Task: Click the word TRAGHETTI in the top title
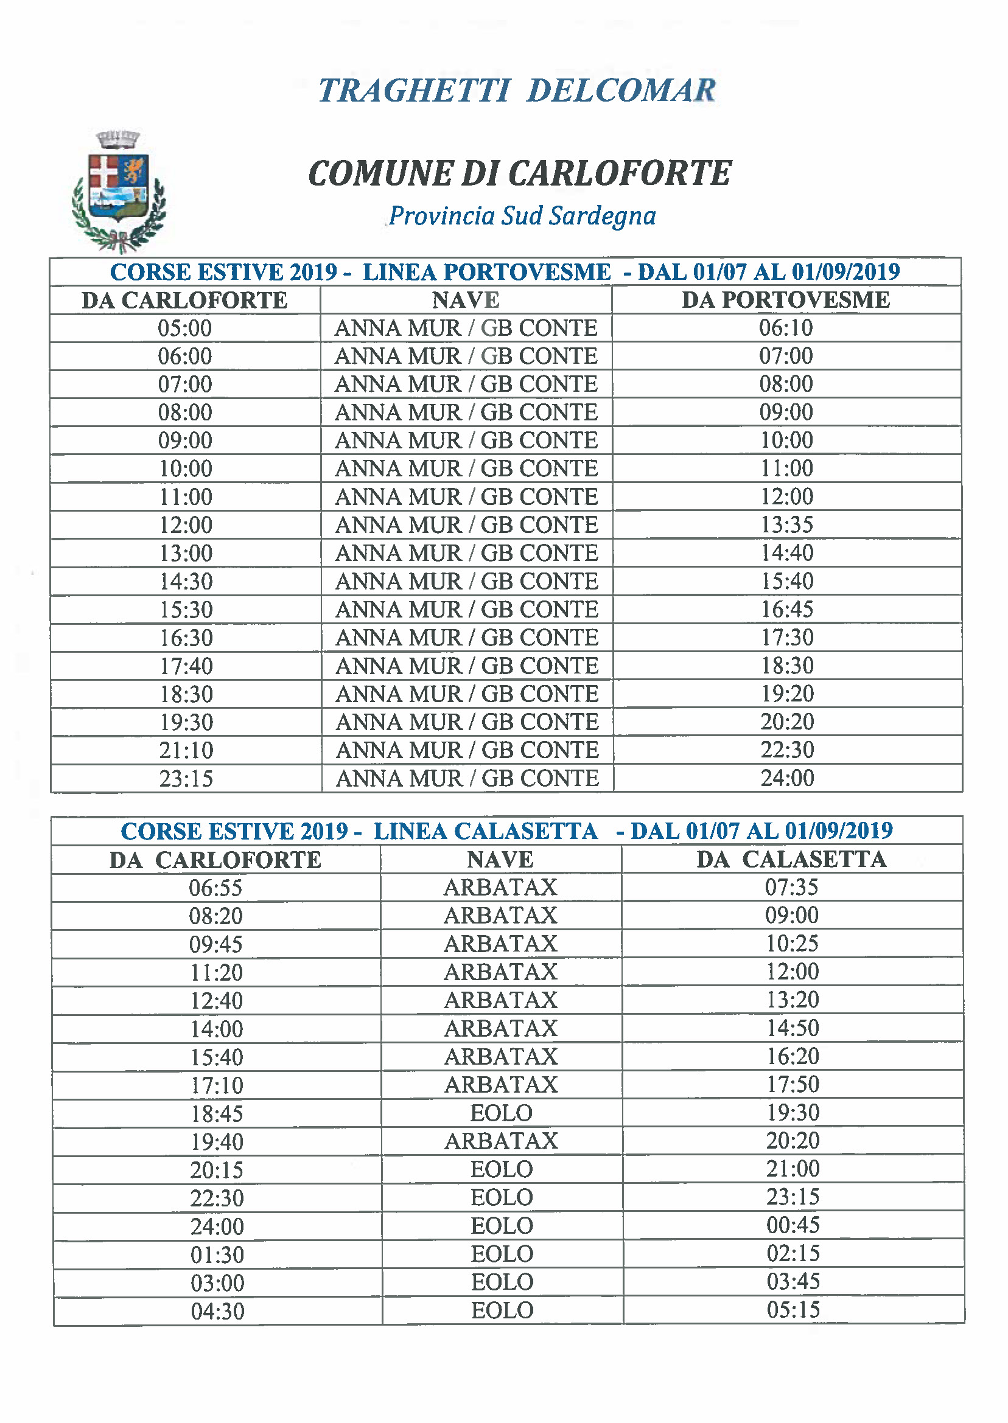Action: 414,91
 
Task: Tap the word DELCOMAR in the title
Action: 621,91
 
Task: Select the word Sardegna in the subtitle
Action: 602,216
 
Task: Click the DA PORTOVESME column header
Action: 786,300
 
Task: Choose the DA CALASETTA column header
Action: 791,860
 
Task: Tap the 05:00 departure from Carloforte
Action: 185,328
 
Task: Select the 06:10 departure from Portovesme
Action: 786,328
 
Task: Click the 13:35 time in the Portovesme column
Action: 787,525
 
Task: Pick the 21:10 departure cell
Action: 186,751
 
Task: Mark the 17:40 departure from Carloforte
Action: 186,666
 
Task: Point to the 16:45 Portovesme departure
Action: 787,609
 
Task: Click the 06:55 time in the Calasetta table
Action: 215,888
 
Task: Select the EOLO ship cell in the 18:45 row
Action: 502,1113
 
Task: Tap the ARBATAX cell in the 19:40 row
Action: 502,1141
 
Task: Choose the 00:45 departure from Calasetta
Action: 793,1226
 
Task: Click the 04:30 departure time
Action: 217,1311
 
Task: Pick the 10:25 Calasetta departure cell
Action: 792,944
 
